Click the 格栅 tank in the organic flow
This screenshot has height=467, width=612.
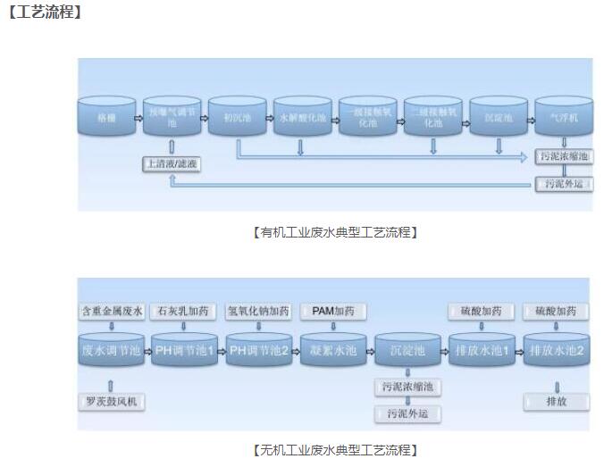pyautogui.click(x=106, y=117)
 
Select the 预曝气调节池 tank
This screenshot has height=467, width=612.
pyautogui.click(x=172, y=117)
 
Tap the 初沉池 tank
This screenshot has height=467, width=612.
pyautogui.click(x=237, y=117)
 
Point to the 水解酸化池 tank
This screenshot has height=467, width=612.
pyautogui.click(x=302, y=117)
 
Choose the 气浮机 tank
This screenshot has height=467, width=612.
pyautogui.click(x=563, y=117)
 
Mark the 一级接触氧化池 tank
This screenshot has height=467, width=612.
pyautogui.click(x=367, y=117)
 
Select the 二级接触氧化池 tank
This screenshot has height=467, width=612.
pyautogui.click(x=432, y=117)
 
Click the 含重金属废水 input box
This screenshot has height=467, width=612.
pyautogui.click(x=112, y=312)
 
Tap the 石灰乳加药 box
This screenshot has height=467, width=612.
pyautogui.click(x=183, y=312)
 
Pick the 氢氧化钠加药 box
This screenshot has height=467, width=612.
pyautogui.click(x=258, y=312)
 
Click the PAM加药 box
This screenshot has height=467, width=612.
pyautogui.click(x=332, y=312)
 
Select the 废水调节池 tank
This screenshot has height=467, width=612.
pyautogui.click(x=112, y=351)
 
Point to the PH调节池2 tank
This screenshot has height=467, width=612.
pyautogui.click(x=259, y=351)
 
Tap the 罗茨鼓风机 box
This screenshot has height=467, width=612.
pyautogui.click(x=112, y=402)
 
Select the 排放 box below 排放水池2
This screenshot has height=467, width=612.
pyautogui.click(x=556, y=402)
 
